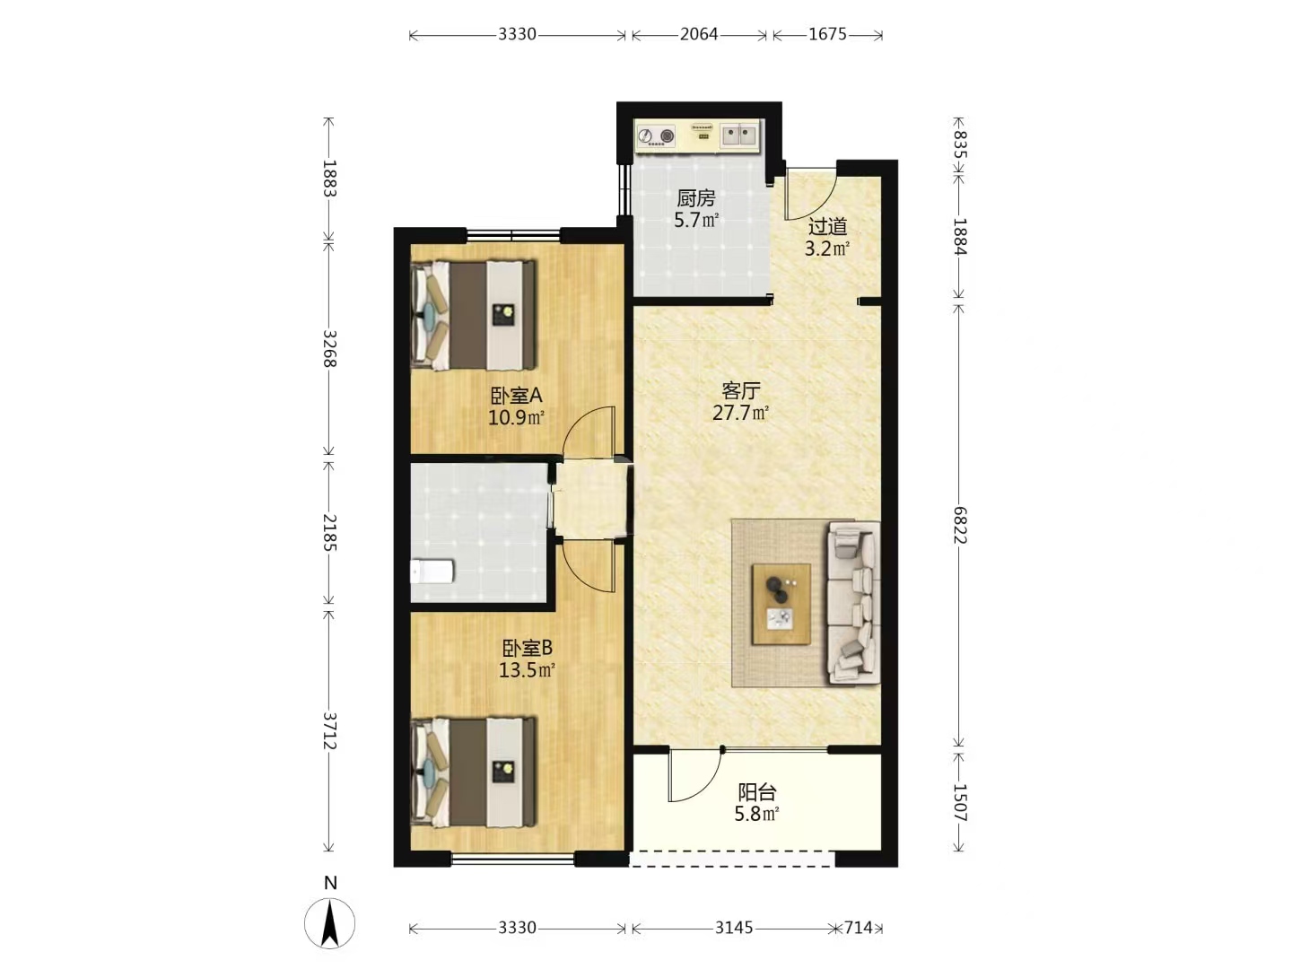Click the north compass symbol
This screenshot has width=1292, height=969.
tap(329, 923)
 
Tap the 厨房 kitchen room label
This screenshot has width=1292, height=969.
tap(695, 198)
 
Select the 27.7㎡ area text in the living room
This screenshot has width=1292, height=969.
tap(740, 413)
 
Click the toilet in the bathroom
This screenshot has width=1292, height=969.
tap(432, 572)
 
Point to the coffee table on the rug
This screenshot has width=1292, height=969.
tap(781, 604)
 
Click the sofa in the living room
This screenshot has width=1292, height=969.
tap(853, 603)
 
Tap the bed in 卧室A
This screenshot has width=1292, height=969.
tap(473, 315)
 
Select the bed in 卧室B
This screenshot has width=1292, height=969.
tap(473, 772)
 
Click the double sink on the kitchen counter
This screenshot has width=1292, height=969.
tap(738, 135)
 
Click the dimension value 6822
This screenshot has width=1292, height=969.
tap(959, 525)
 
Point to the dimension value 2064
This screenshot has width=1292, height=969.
tap(699, 35)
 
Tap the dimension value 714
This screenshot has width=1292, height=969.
tap(859, 928)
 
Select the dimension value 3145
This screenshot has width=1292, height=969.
tap(733, 928)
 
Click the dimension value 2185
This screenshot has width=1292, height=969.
tap(329, 532)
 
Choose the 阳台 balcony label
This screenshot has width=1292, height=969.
tap(757, 792)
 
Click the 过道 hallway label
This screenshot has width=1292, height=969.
tap(827, 226)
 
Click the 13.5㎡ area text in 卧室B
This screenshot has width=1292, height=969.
tap(527, 670)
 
